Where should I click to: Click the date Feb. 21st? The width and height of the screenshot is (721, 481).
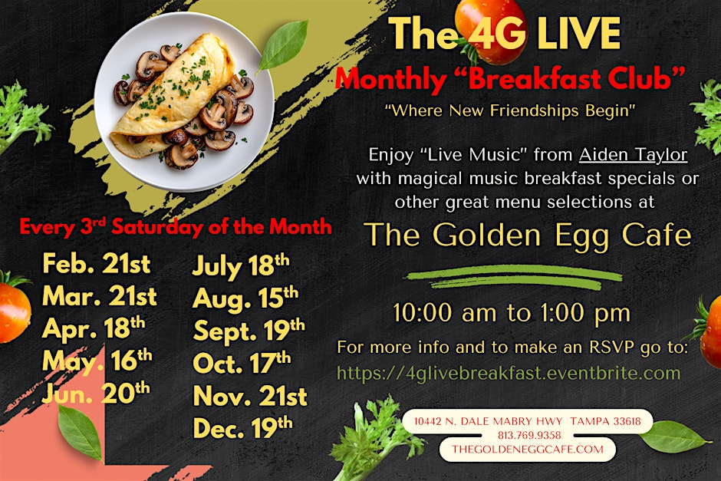coord(97,264)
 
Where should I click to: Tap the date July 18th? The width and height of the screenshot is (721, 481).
coord(241,265)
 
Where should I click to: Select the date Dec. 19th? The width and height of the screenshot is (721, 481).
coord(242,427)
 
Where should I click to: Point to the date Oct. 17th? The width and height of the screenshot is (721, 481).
coord(242,362)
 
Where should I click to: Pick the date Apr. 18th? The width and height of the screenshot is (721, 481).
coord(94,328)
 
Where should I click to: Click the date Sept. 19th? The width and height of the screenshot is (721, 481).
coord(249,330)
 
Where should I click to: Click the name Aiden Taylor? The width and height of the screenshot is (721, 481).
coord(633,154)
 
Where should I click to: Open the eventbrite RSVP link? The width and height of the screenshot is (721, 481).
coord(509,373)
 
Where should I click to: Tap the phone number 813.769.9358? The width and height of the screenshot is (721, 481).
coord(529,435)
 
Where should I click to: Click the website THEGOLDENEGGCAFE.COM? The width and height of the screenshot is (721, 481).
coord(528,450)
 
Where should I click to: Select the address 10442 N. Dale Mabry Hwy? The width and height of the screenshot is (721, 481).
coord(488,421)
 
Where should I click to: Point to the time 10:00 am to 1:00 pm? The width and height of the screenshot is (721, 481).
coord(512,313)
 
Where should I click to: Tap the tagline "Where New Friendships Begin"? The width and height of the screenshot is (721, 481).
coord(510,110)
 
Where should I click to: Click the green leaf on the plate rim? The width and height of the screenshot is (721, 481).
coord(283,45)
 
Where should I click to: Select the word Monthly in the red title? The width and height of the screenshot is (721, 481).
coord(391,79)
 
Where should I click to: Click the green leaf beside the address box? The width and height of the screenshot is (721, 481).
coord(673,437)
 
